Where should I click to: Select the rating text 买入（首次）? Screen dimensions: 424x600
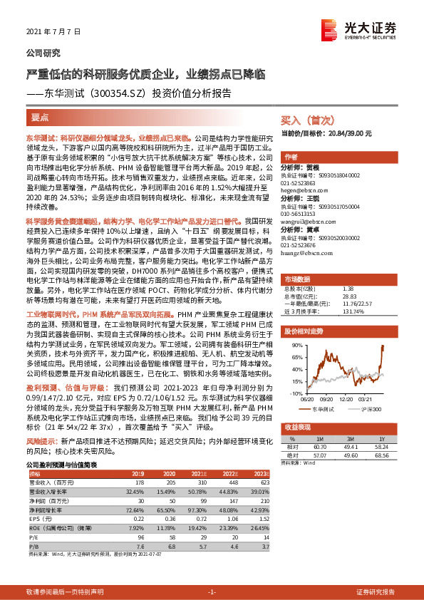pos(305,120)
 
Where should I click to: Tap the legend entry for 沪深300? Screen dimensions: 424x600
pos(368,409)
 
